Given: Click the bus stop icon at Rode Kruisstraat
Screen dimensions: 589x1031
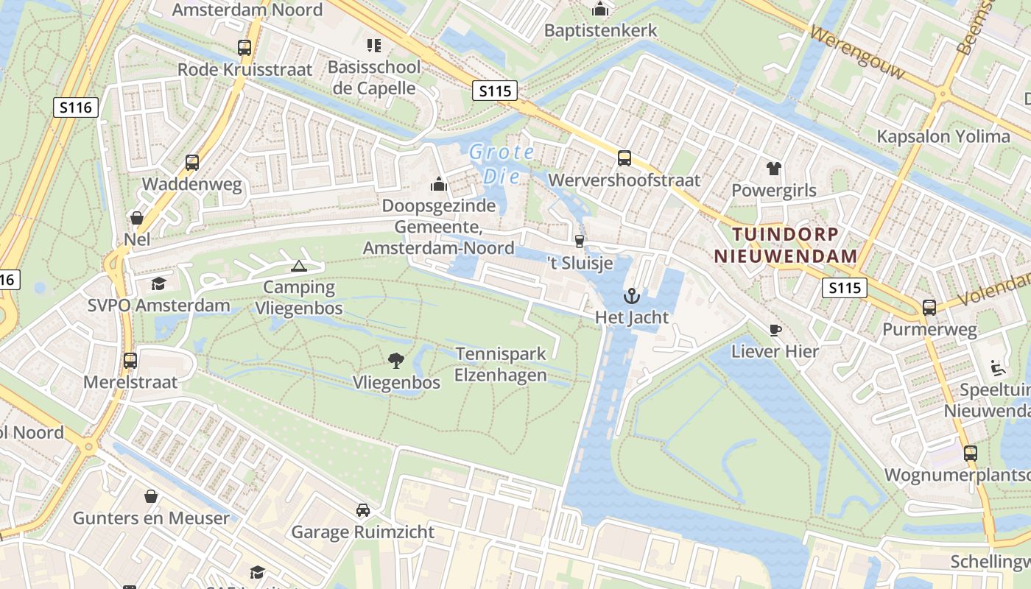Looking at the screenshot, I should click(x=244, y=48).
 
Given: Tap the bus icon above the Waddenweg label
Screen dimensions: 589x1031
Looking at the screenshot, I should click(x=192, y=163).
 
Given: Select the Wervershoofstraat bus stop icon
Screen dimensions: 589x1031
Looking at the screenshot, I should click(x=624, y=158).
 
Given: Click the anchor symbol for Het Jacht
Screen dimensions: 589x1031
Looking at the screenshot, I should click(x=631, y=297).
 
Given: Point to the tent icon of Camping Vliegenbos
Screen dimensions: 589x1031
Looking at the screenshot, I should click(x=298, y=266).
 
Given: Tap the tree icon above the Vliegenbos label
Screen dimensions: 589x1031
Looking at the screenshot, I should click(x=396, y=361).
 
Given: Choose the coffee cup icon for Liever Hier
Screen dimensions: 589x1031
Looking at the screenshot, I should click(x=775, y=330).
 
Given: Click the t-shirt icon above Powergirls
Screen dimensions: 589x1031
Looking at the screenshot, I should click(x=773, y=169).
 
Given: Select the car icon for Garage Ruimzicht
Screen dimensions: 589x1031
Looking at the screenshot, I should click(x=363, y=510).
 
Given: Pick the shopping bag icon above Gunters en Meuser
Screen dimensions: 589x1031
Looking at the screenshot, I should click(x=151, y=496).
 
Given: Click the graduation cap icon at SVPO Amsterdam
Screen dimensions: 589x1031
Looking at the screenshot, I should click(x=158, y=283).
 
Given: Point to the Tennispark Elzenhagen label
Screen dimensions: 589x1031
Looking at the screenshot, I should click(x=501, y=364).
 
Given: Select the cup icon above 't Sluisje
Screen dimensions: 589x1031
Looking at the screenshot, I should click(x=580, y=241).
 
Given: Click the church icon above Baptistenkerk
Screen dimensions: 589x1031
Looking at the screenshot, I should click(x=600, y=9).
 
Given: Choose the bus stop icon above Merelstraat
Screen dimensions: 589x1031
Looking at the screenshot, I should click(x=130, y=361).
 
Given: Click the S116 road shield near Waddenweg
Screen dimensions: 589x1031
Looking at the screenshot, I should click(x=76, y=107).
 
